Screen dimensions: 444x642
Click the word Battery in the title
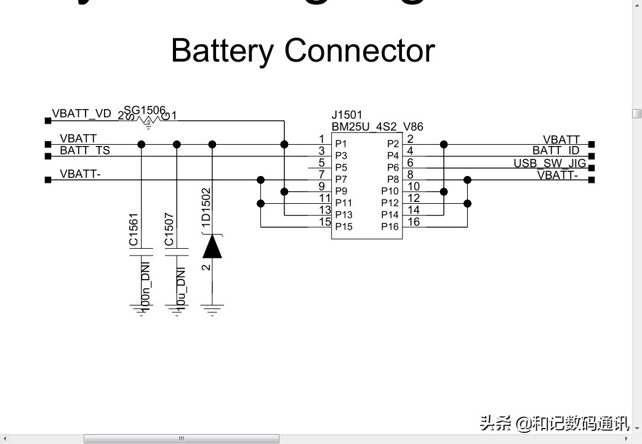pyautogui.click(x=222, y=50)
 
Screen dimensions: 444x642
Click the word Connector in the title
pyautogui.click(x=359, y=50)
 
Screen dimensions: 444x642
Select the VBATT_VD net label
pyautogui.click(x=82, y=114)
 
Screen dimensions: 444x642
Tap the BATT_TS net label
pyautogui.click(x=85, y=150)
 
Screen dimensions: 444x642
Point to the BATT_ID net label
pyautogui.click(x=556, y=151)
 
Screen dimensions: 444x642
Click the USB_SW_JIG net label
pyautogui.click(x=550, y=163)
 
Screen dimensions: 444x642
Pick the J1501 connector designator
pyautogui.click(x=347, y=115)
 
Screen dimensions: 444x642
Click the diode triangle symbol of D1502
pyautogui.click(x=212, y=247)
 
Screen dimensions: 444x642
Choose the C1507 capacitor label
pyautogui.click(x=169, y=229)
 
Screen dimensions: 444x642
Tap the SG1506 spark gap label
pyautogui.click(x=145, y=110)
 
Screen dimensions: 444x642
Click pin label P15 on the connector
pyautogui.click(x=343, y=227)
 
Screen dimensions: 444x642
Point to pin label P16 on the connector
pyautogui.click(x=390, y=227)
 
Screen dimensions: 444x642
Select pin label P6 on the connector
pyautogui.click(x=393, y=168)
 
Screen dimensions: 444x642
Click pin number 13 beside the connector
pyautogui.click(x=325, y=210)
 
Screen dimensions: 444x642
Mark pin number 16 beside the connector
pyautogui.click(x=414, y=222)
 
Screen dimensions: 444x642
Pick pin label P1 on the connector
pyautogui.click(x=341, y=143)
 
